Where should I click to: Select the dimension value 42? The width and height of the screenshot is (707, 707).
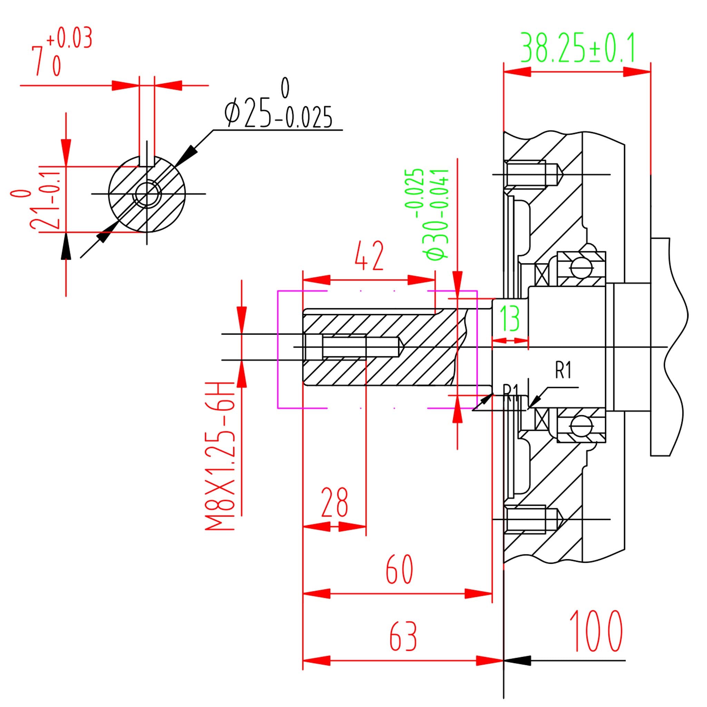[x=370, y=256]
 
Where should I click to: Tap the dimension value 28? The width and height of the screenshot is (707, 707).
[x=335, y=503]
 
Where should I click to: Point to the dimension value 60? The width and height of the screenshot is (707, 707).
[x=399, y=569]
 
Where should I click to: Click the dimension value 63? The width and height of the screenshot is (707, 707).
[x=403, y=636]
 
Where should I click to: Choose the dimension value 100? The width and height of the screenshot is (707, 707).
[x=596, y=631]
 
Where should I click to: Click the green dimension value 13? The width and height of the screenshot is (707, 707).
[x=509, y=318]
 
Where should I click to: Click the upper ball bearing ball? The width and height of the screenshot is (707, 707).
[x=581, y=268]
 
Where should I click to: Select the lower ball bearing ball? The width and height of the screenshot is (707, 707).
[x=581, y=426]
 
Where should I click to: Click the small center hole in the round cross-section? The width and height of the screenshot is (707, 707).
[x=147, y=194]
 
